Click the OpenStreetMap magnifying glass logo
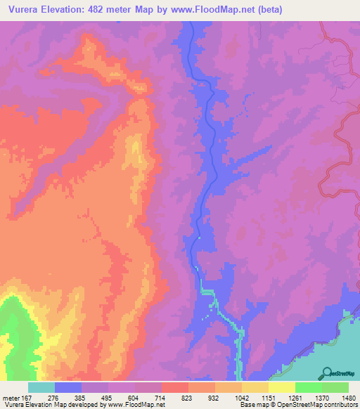pyautogui.click(x=328, y=373)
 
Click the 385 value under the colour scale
pyautogui.click(x=80, y=397)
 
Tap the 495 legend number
pyautogui.click(x=107, y=397)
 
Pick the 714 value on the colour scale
pyautogui.click(x=160, y=397)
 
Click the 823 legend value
pyautogui.click(x=187, y=397)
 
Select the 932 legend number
pyautogui.click(x=214, y=397)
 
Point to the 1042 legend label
pyautogui.click(x=240, y=397)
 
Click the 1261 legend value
pyautogui.click(x=293, y=397)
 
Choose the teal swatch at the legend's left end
pyautogui.click(x=41, y=387)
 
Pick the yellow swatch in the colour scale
pyautogui.click(x=281, y=387)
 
